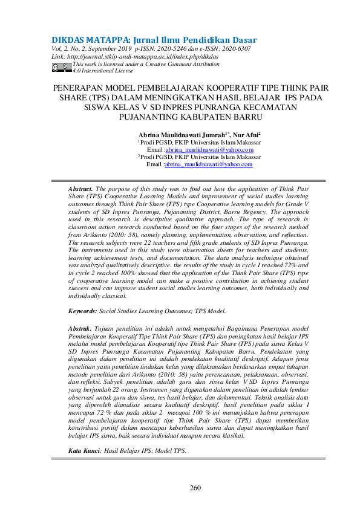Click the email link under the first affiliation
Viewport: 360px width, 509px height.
point(209,149)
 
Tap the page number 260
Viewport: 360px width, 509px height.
point(195,488)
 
